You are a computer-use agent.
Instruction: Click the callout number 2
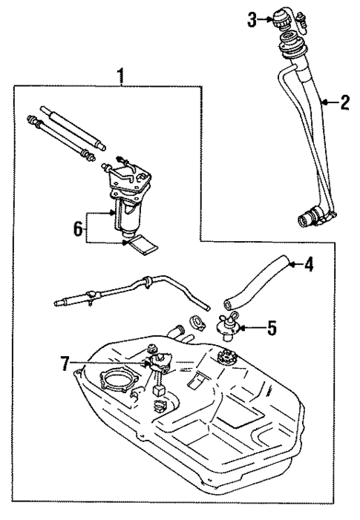coord(344,103)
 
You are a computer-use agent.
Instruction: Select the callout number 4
coord(309,263)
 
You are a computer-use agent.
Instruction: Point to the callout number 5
coord(272,327)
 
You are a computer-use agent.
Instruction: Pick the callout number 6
coord(77,230)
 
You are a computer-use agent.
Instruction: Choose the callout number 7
coord(66,363)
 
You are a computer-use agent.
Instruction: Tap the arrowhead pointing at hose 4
coord(289,263)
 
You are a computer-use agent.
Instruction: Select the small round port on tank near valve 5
coord(226,363)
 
